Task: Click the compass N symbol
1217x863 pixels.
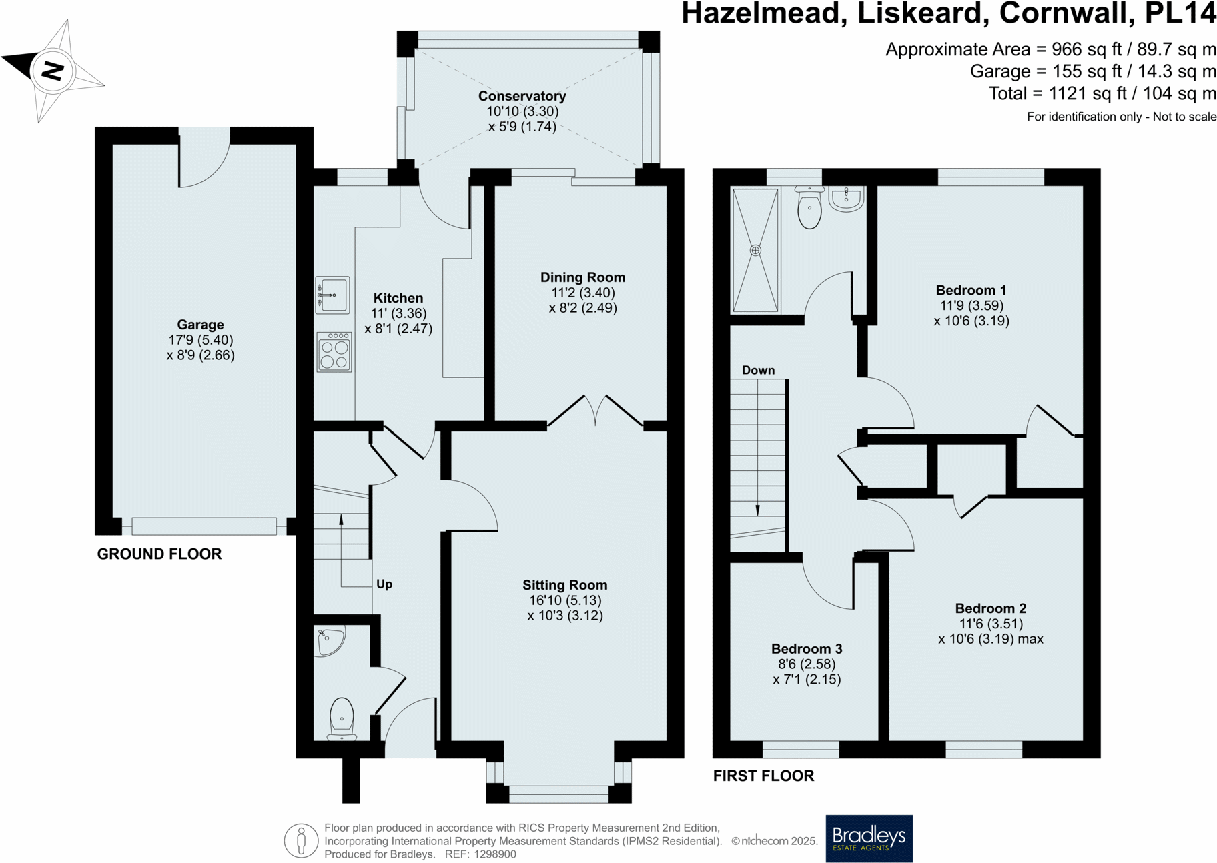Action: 53,71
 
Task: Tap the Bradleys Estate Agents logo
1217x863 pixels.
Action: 869,838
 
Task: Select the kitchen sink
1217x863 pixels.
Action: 332,295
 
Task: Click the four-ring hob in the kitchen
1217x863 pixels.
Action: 334,352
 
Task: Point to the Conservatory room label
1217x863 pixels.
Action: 522,96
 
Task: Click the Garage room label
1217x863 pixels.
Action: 200,325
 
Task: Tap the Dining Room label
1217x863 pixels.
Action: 582,277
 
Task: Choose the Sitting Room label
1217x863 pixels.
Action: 564,585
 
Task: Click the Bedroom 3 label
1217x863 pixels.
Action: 807,648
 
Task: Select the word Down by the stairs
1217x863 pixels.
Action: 759,370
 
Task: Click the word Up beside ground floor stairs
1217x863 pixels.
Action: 384,584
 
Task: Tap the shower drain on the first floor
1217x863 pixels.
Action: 755,251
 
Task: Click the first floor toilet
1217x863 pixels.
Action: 809,207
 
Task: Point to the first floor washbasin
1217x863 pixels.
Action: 847,199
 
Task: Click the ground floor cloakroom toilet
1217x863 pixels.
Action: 342,719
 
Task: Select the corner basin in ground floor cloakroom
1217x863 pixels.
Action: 329,640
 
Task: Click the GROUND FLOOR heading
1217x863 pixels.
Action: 159,554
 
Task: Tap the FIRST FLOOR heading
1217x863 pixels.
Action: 764,776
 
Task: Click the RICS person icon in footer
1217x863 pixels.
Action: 301,840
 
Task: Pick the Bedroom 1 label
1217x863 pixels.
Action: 971,290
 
